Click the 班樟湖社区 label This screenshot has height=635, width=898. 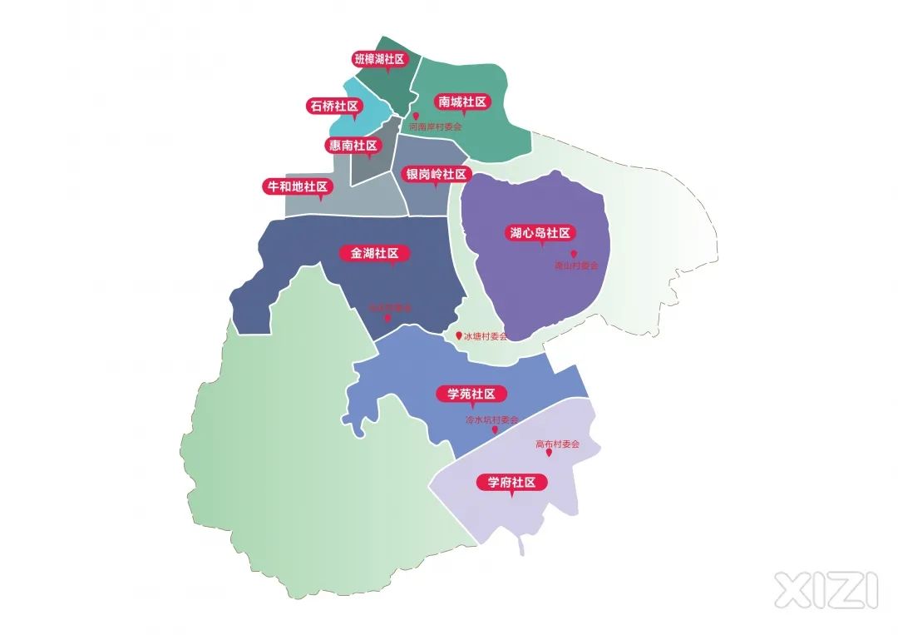coord(378,59)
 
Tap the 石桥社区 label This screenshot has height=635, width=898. coord(333,106)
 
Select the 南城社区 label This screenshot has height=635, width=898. coord(462,102)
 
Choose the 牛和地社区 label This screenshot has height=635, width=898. coord(296,186)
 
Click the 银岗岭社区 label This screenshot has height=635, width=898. coord(437,174)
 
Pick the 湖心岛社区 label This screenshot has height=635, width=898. coord(541,233)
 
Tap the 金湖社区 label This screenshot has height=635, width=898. coord(375,254)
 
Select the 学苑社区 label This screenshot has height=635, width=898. coord(471,394)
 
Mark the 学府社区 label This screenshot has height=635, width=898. coord(511,482)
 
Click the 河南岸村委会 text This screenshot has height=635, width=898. coord(435,127)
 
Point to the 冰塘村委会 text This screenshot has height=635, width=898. coord(486,336)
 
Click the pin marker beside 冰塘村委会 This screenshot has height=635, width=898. coord(458,336)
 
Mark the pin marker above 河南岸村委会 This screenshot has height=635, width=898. coord(416,117)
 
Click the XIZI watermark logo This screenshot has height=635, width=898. coord(826,589)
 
